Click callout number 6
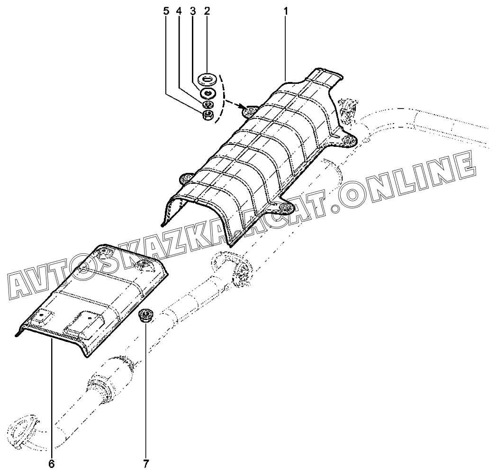51,464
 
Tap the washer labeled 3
208,93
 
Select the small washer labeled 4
208,104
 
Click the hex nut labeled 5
208,115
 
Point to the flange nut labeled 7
145,315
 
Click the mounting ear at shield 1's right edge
348,141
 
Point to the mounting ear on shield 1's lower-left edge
186,179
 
